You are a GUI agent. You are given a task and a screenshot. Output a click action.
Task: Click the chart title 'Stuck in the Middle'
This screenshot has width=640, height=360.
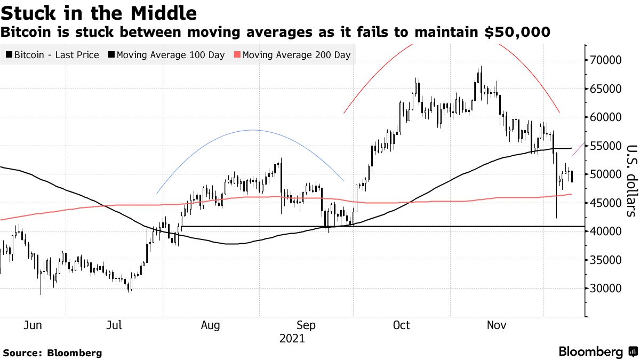[x=99, y=12]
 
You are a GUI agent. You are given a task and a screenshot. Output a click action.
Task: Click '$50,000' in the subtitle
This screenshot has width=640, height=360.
[x=517, y=33]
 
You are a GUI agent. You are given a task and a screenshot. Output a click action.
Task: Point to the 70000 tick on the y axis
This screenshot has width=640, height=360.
[x=606, y=60]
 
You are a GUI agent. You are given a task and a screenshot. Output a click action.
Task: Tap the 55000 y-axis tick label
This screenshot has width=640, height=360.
[x=606, y=146]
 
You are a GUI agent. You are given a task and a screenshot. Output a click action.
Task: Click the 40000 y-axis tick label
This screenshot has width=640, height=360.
[x=606, y=231]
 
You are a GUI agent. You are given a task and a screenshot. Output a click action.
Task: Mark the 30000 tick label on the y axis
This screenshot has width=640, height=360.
[x=606, y=289]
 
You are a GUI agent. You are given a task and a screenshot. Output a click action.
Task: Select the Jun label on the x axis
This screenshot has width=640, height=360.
[x=33, y=325]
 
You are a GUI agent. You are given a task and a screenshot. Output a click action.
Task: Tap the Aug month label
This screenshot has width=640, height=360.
[x=211, y=325]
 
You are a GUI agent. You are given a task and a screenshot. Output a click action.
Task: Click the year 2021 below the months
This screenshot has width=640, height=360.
[x=292, y=338]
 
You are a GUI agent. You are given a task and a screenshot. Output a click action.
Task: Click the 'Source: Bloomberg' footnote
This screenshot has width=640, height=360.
[x=52, y=353]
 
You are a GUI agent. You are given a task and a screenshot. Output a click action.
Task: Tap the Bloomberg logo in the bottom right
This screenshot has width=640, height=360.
[x=597, y=352]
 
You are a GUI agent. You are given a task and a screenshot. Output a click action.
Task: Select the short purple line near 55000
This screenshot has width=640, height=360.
[x=577, y=150]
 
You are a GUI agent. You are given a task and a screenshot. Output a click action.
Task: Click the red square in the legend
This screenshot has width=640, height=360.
[x=238, y=55]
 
